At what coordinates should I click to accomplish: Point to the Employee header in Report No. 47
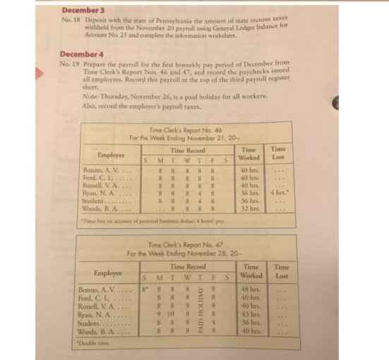click(x=109, y=272)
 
